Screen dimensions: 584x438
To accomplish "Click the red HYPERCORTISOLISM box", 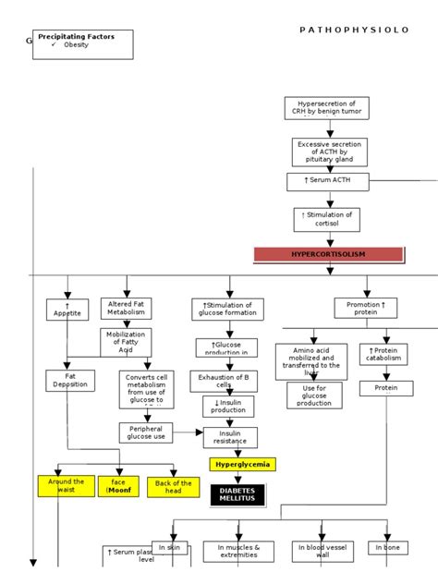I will [x=328, y=254].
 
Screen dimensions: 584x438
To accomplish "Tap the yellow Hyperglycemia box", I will [x=242, y=464].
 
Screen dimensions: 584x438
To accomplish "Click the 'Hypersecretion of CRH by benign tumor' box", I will [x=327, y=107].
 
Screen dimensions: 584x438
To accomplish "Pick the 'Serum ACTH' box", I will [x=327, y=180].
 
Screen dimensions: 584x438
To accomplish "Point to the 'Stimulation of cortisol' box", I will [x=327, y=219].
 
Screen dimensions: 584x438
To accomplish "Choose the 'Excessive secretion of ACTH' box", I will [x=330, y=152].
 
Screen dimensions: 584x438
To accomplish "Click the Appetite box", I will [x=67, y=309].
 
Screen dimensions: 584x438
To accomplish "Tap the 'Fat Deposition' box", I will [x=70, y=380].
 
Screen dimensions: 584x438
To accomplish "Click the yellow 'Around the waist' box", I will [x=66, y=486].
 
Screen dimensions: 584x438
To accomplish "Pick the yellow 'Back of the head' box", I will [x=174, y=487].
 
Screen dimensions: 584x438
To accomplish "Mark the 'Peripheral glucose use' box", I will [x=146, y=432].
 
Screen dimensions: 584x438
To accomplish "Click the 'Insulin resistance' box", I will [x=230, y=436].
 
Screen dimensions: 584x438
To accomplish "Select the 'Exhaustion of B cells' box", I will [x=224, y=381].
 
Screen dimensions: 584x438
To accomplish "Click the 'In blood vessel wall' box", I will [x=321, y=552].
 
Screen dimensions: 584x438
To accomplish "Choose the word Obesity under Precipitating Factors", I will [x=77, y=45].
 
